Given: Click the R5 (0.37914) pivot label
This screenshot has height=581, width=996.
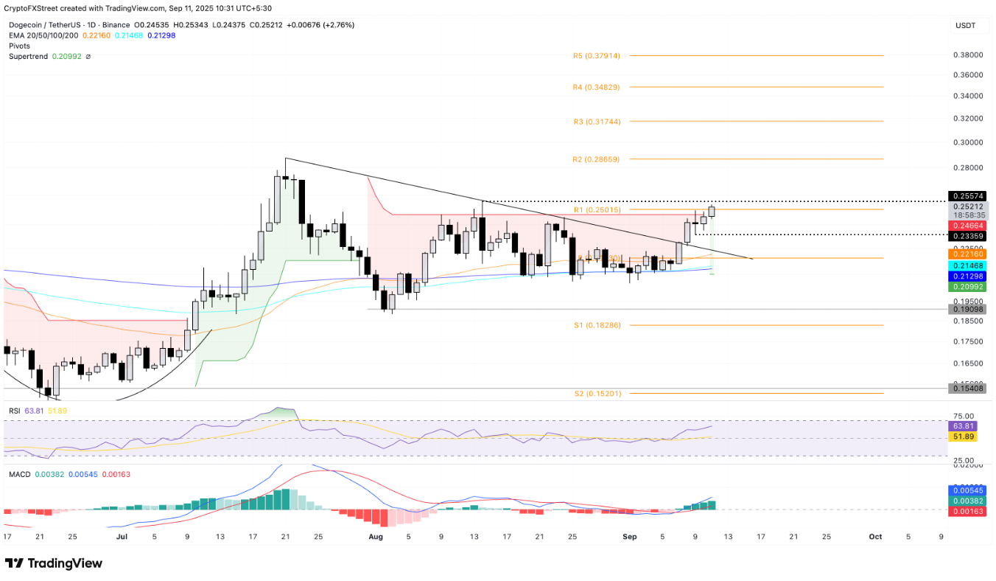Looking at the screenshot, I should pyautogui.click(x=596, y=55).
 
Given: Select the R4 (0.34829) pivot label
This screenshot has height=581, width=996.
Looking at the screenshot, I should pyautogui.click(x=596, y=87).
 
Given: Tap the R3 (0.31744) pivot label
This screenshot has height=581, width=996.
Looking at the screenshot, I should pyautogui.click(x=596, y=121).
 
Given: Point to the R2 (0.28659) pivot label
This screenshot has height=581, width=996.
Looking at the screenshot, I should pyautogui.click(x=596, y=159).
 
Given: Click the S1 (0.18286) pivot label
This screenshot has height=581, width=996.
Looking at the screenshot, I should pyautogui.click(x=596, y=325).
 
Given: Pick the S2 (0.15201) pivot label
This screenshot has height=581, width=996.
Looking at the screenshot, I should pyautogui.click(x=596, y=394).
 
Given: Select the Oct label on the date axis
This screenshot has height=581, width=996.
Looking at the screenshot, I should pyautogui.click(x=876, y=537).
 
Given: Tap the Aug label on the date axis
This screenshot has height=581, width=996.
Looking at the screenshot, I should pyautogui.click(x=376, y=537).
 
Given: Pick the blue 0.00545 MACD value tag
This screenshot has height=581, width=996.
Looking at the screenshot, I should pyautogui.click(x=966, y=490).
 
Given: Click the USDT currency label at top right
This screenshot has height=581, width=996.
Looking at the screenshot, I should pyautogui.click(x=965, y=25).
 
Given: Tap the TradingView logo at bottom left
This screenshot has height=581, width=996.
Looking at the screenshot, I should pyautogui.click(x=54, y=564).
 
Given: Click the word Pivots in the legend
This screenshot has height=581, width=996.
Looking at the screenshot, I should pyautogui.click(x=19, y=46).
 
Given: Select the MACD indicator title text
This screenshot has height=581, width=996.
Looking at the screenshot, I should pyautogui.click(x=19, y=474).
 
